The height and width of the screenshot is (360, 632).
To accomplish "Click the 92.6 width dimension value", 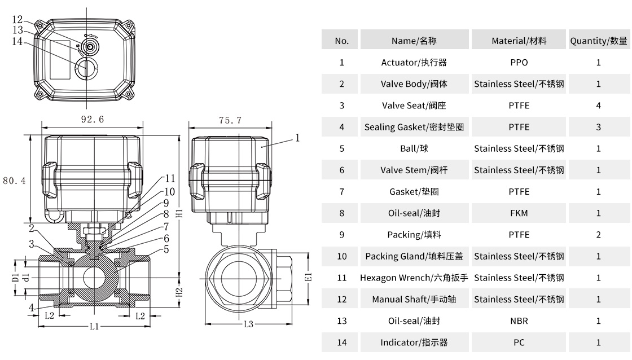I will tap(93, 120).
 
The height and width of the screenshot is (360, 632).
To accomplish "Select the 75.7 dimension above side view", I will tap(230, 120).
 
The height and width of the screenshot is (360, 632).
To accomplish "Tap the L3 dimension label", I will tap(249, 324).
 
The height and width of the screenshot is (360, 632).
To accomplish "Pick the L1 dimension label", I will tap(94, 327).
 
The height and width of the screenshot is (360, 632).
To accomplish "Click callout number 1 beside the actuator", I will tap(297, 137).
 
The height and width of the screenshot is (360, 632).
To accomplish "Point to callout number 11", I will tap(170, 179).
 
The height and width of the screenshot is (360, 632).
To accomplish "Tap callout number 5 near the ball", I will tap(166, 249).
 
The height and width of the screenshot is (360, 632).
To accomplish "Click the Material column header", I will tap(519, 41).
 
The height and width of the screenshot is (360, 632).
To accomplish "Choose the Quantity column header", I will tap(598, 41).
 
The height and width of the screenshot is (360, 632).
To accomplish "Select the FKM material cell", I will tap(519, 213).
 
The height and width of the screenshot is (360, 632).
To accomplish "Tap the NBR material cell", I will tap(519, 321).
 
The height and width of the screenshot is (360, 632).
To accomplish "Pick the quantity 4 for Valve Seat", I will tap(598, 106).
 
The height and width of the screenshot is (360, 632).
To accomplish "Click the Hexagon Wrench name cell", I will tap(414, 278).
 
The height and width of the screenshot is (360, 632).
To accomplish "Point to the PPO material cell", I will tap(519, 62).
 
